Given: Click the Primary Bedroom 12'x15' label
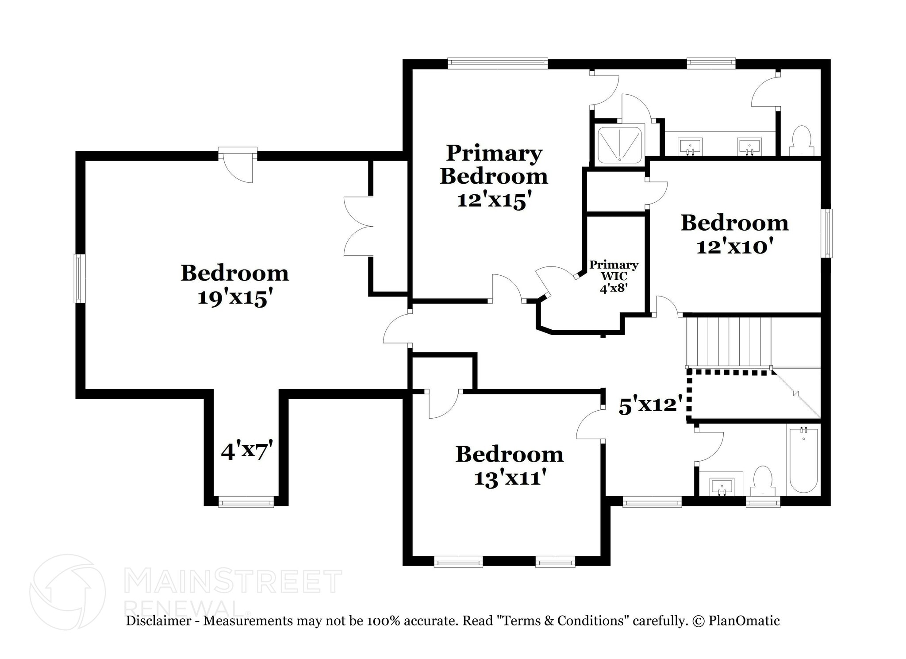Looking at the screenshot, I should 493,176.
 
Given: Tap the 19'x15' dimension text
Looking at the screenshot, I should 234,297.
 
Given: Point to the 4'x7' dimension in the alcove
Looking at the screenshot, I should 246,451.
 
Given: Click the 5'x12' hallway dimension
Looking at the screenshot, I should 648,405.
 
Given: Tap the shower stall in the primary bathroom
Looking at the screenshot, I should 619,144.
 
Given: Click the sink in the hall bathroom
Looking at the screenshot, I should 722,487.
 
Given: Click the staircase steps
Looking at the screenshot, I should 728,341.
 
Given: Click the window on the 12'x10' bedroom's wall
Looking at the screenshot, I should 826,233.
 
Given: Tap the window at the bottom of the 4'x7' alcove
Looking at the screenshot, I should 246,501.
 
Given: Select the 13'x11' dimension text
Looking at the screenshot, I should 508,478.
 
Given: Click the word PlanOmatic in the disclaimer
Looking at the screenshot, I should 744,621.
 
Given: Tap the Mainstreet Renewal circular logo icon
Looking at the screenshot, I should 68,592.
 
